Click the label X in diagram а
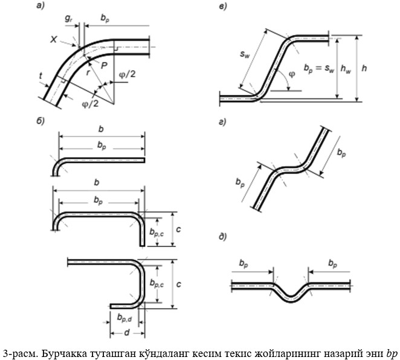(54, 39)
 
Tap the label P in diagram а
(104, 66)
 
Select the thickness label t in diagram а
(41, 76)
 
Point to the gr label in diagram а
(68, 19)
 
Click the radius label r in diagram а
(88, 73)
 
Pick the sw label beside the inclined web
(244, 54)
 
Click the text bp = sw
(319, 69)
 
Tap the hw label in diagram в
(346, 69)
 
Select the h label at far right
(364, 68)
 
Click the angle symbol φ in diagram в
(292, 74)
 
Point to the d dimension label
(127, 332)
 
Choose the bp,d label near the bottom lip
(124, 318)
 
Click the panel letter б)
(40, 121)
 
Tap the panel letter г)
(222, 122)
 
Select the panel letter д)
(223, 237)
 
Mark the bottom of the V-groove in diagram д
(291, 302)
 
